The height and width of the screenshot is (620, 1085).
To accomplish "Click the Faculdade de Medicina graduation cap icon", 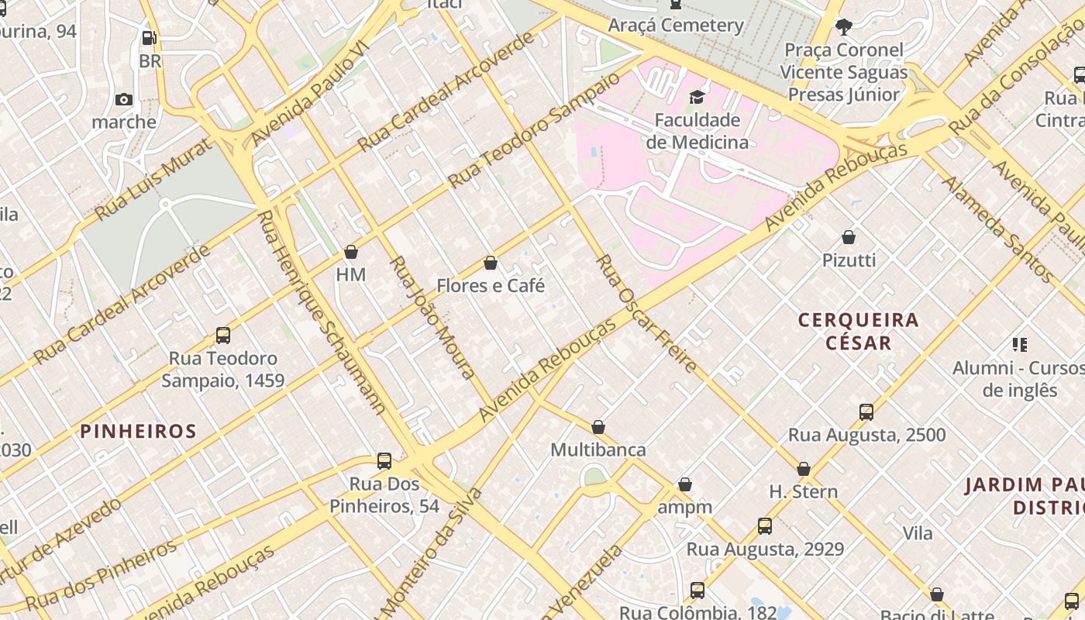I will click(697, 97).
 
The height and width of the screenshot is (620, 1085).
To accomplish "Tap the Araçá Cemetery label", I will click(676, 25).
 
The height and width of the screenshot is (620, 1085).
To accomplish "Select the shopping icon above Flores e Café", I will click(490, 263).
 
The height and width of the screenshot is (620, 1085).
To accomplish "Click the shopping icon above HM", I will click(351, 252).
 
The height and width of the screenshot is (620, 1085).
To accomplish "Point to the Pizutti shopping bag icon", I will click(849, 237).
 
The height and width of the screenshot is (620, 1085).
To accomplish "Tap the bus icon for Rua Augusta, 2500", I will click(866, 412).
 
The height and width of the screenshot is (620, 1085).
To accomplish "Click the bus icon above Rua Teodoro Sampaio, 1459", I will click(223, 336).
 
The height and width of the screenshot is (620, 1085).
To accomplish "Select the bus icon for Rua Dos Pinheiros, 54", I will click(384, 461).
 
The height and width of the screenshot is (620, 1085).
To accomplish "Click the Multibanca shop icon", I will click(598, 427).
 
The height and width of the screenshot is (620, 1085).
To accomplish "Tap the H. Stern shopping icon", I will click(804, 469).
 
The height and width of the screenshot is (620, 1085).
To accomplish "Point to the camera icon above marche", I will click(124, 99).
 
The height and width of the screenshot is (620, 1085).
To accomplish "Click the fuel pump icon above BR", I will click(149, 37).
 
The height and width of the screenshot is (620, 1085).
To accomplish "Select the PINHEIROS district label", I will click(139, 431).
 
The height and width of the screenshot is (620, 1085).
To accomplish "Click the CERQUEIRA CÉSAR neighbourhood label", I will click(858, 331).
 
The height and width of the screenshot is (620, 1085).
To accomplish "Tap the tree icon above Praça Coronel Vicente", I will click(844, 27).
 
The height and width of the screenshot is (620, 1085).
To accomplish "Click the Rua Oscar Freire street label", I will click(646, 313).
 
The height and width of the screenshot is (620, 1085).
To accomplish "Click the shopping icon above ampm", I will click(685, 485).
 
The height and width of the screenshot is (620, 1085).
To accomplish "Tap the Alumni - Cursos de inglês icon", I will click(1019, 345).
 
